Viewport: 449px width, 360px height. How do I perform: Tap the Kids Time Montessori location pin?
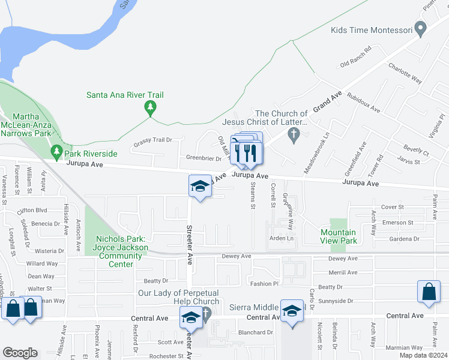pos(421,28)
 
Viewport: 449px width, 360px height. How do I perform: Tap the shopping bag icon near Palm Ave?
pos(430,293)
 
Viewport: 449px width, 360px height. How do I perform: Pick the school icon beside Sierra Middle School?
pos(292,311)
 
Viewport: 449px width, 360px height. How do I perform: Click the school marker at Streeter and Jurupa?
pos(200,187)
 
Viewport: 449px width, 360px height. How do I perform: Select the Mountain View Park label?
pos(339,236)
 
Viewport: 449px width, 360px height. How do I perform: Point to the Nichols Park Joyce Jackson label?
pos(121,247)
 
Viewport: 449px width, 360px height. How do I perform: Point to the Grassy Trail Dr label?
pos(152,140)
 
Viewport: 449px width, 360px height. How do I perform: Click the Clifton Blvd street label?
pos(32,211)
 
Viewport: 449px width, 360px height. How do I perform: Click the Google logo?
pos(20,353)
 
